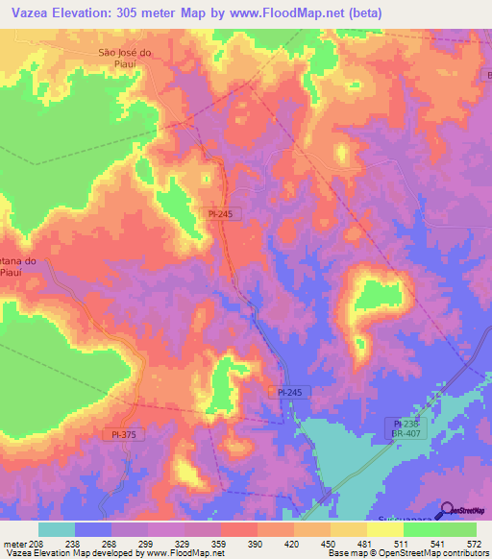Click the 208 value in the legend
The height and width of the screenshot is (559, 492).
click(x=39, y=543)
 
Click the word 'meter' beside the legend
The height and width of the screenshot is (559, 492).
click(x=14, y=543)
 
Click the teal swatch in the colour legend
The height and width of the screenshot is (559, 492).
click(x=56, y=529)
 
